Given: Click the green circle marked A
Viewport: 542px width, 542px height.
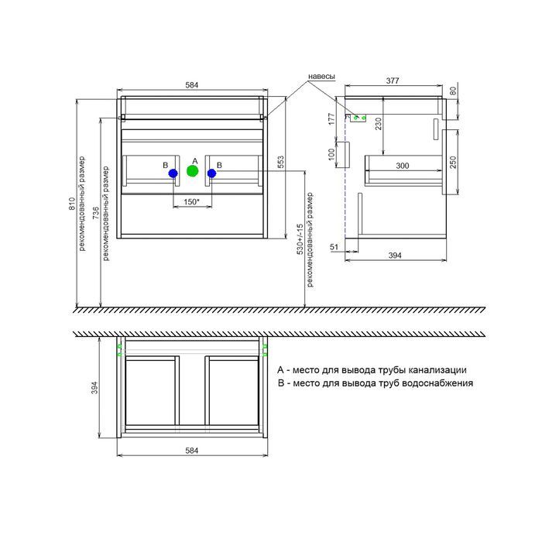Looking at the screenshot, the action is tap(193, 171).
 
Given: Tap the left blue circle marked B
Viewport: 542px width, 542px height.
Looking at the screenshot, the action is tap(173, 173).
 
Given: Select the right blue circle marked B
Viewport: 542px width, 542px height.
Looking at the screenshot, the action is tap(212, 173).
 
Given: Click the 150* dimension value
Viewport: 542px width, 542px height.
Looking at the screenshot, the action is tap(192, 201).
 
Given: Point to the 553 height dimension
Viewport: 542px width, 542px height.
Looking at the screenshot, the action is tap(280, 163).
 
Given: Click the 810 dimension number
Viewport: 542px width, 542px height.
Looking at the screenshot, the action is tap(72, 204).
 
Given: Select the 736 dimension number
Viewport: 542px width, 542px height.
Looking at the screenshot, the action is tap(96, 213).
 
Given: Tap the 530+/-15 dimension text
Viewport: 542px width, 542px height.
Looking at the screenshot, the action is tap(300, 238).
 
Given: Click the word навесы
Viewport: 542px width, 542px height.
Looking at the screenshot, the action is tap(321, 77).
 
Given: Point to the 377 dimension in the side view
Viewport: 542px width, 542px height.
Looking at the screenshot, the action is tap(393, 81).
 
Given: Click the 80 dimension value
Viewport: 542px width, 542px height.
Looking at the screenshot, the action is tap(453, 91).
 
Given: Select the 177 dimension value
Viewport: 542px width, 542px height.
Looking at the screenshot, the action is tap(331, 119).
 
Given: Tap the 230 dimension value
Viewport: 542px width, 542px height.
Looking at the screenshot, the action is tap(379, 124).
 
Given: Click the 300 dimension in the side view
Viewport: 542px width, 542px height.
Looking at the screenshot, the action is tap(403, 166).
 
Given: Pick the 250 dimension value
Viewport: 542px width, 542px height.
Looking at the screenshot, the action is tap(453, 162).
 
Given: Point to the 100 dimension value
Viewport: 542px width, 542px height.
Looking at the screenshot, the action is tap(331, 154).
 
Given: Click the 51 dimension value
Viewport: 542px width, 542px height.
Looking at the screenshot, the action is tap(334, 247).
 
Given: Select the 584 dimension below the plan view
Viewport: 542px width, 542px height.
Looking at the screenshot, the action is tap(192, 451).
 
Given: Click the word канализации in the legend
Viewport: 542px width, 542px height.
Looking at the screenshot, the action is tap(437, 370).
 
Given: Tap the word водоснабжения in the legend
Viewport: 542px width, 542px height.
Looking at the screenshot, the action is tap(438, 383).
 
